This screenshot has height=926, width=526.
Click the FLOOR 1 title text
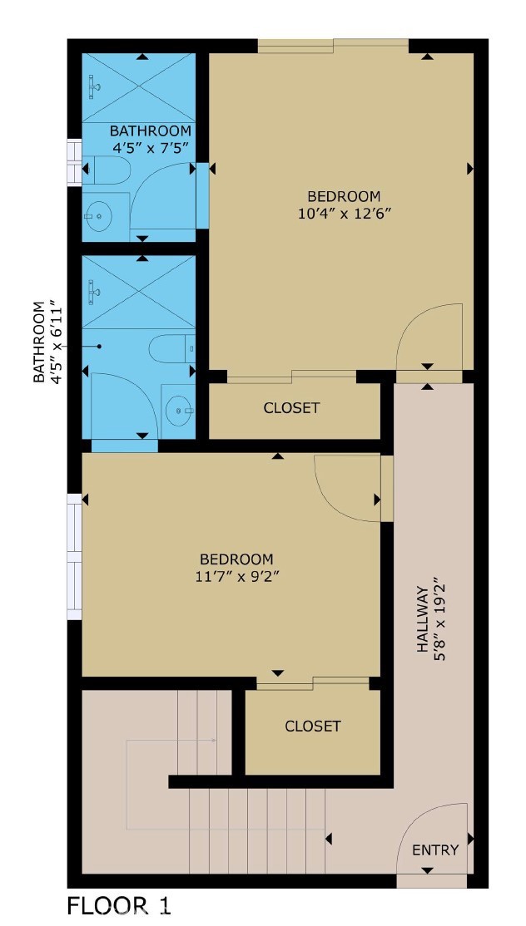[x=119, y=905]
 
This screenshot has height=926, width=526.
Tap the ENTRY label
[x=435, y=850]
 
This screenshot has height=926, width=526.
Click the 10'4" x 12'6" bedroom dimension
[x=344, y=213]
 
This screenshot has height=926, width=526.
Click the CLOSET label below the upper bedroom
[x=291, y=408]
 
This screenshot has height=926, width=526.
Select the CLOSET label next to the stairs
[x=313, y=726]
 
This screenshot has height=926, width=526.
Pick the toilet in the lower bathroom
[x=175, y=347]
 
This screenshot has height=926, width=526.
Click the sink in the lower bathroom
[x=178, y=408]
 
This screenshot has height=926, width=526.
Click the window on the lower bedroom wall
[x=75, y=557]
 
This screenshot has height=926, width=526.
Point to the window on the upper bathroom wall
[x=74, y=161]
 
